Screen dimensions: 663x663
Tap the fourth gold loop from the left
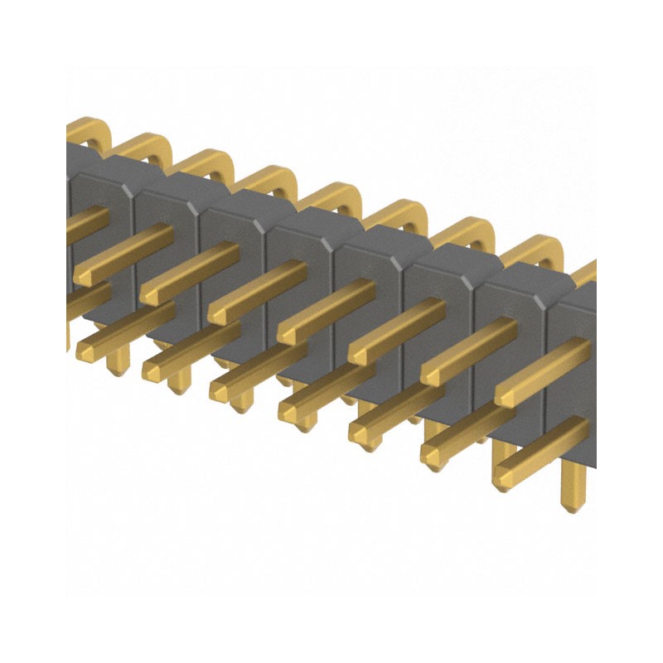(x=270, y=180)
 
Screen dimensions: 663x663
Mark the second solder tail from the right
(x=503, y=454)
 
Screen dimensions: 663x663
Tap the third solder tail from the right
(x=436, y=431)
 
